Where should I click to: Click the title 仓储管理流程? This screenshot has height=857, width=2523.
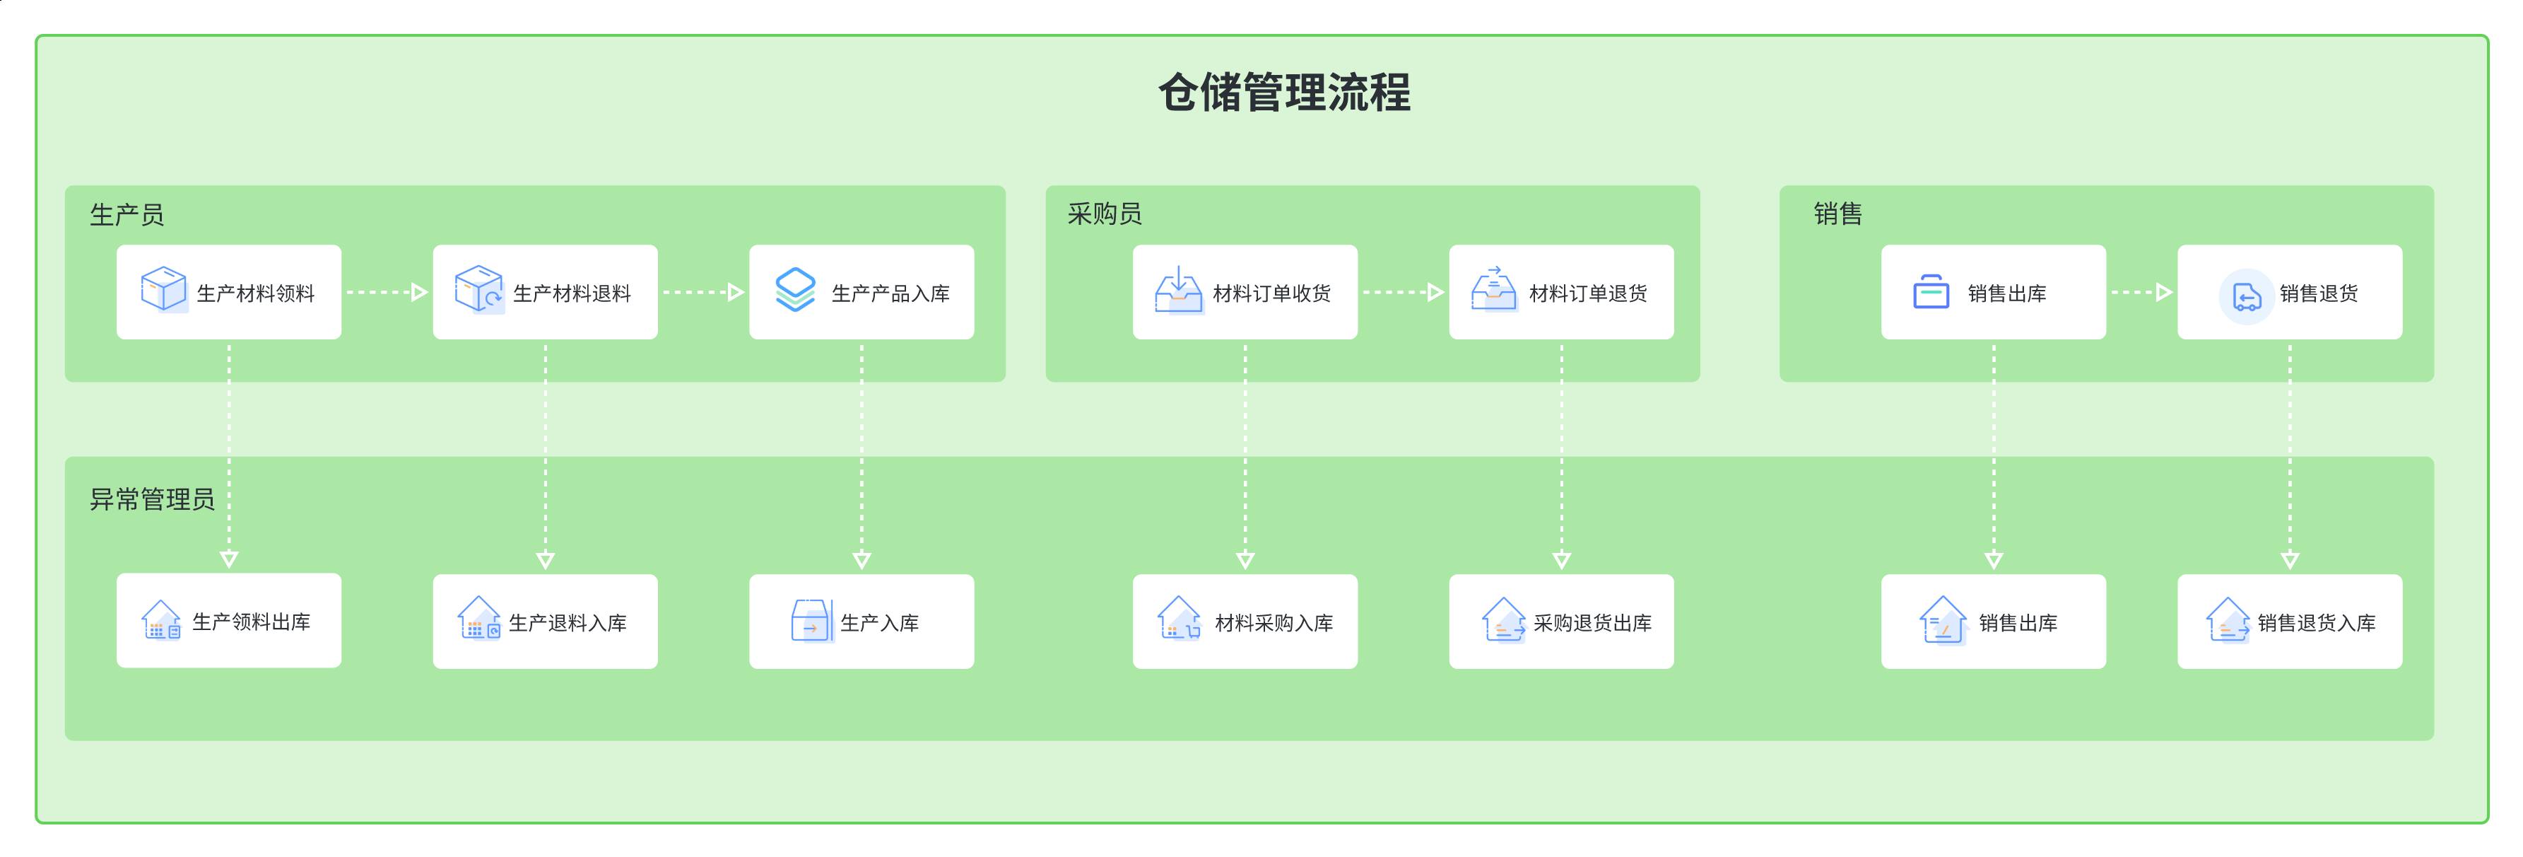1284,94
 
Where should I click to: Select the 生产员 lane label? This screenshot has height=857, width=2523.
127,214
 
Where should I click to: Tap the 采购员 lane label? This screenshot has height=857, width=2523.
1104,214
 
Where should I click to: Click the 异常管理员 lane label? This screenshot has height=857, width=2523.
152,499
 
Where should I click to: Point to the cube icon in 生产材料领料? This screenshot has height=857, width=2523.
163,289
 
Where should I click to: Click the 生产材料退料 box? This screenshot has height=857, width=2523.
545,292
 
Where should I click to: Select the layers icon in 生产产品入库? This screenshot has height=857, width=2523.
794,290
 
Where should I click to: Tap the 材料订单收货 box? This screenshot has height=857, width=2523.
1244,292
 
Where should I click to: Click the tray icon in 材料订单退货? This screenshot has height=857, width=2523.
1493,290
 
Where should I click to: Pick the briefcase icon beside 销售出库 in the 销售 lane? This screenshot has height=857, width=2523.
1931,292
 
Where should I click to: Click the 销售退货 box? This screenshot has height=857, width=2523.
2289,292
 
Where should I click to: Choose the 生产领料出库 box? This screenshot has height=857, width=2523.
228,621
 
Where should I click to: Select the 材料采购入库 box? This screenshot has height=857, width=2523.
1244,622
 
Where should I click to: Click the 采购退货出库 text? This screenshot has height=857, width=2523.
1592,623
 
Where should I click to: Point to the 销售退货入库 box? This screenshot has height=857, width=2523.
2289,622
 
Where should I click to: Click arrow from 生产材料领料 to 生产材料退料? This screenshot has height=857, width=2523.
387,292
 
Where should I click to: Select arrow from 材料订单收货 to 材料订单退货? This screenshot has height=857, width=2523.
1403,292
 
